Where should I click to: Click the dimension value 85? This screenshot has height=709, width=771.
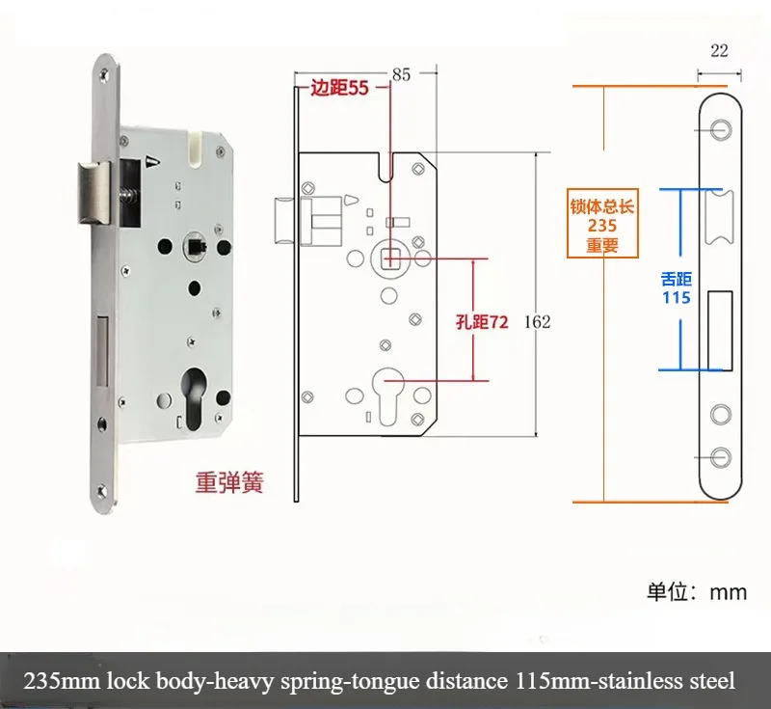(402, 73)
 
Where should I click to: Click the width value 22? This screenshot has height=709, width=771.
(719, 51)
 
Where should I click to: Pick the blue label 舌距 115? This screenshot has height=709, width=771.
(676, 287)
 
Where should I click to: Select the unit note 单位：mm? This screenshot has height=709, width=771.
(696, 591)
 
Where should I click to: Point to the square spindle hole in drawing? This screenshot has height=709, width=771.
(390, 258)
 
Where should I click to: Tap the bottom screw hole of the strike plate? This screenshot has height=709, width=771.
(719, 456)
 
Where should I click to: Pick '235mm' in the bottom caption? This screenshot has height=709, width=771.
(61, 681)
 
